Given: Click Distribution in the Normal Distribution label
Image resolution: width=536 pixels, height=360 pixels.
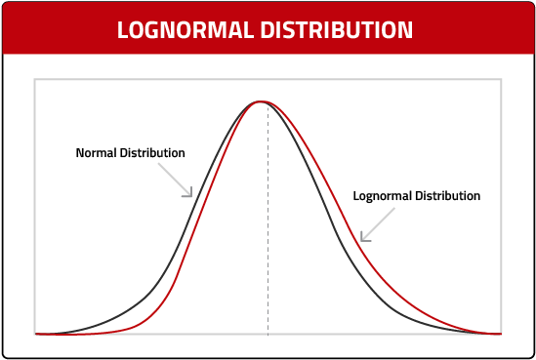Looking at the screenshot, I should pos(153,153).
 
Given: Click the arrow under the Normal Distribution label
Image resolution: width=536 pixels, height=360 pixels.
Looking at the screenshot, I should pos(179,181).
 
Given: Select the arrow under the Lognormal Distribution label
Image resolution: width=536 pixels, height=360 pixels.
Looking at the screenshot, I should pos(377,223).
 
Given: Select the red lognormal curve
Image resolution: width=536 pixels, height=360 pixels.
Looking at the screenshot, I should pos(410,293).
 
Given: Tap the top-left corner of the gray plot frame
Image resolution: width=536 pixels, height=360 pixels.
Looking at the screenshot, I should pos(35,79).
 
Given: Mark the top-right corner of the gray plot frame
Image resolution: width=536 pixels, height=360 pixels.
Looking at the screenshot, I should pos(501,79).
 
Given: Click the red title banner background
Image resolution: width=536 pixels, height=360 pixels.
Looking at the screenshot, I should pos(59,29).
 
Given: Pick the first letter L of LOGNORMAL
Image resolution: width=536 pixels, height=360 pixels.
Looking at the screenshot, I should pos(122,29).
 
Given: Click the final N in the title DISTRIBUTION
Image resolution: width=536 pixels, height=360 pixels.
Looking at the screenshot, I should pos(406,29).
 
